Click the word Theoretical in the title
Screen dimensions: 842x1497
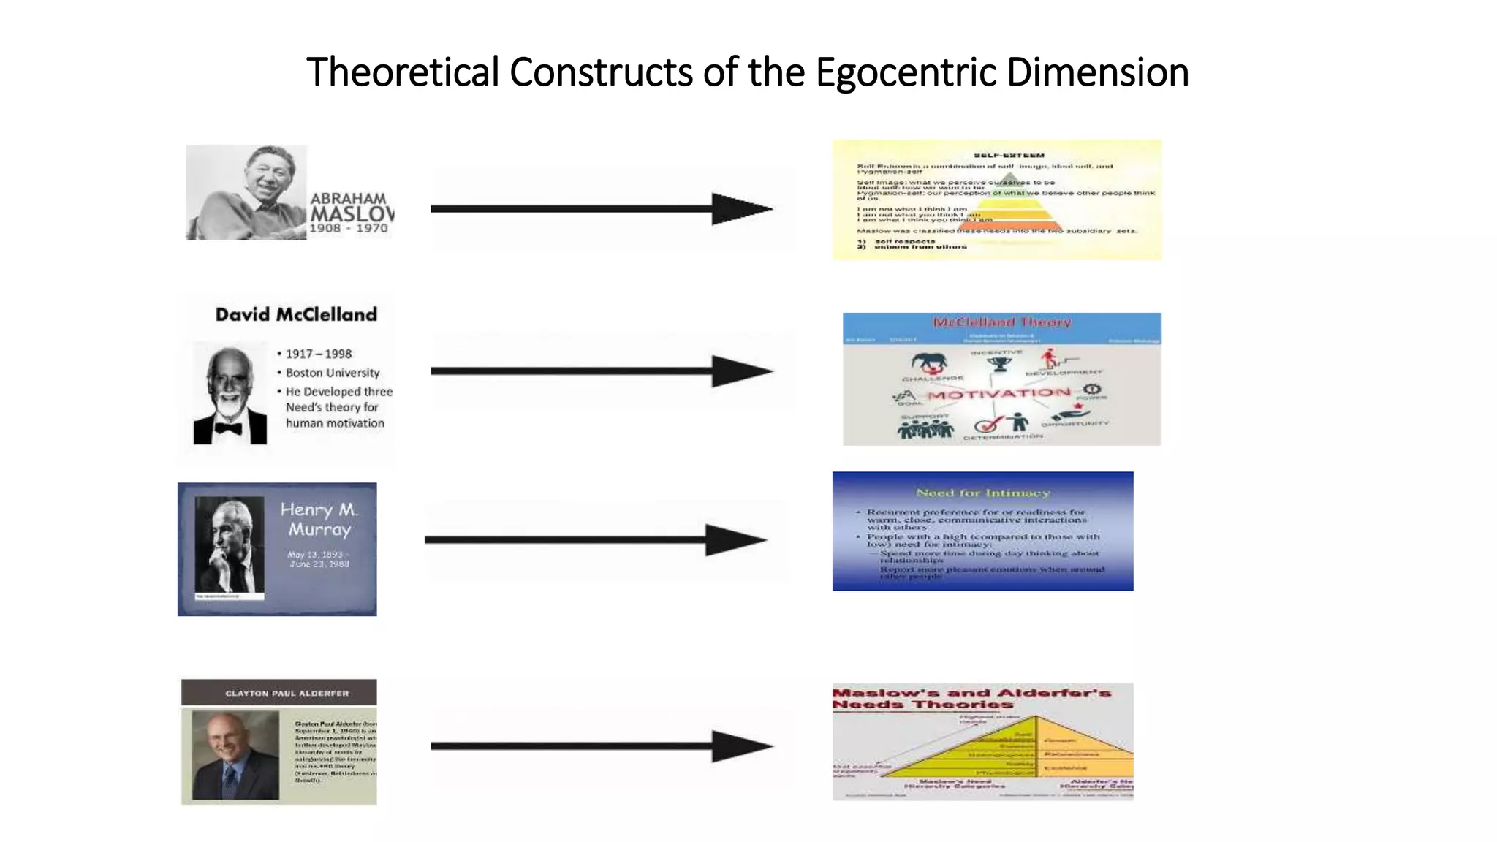[x=402, y=73]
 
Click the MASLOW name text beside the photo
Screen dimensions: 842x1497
[x=351, y=214]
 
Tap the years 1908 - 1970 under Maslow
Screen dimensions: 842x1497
[x=349, y=229]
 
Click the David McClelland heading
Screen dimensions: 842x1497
[x=296, y=315]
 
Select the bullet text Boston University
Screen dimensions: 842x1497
[x=333, y=373]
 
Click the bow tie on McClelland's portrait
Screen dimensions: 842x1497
[x=229, y=428]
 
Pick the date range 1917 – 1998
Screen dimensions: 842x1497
[x=319, y=354]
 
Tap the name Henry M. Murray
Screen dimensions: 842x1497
[x=319, y=519]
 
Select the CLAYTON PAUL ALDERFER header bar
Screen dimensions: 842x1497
[x=279, y=692]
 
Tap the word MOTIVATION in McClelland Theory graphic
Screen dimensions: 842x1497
[x=998, y=395]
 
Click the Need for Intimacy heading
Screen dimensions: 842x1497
[x=982, y=493]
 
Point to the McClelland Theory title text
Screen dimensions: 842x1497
[x=1001, y=322]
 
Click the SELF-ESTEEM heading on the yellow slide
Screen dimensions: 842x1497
[x=1009, y=156]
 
